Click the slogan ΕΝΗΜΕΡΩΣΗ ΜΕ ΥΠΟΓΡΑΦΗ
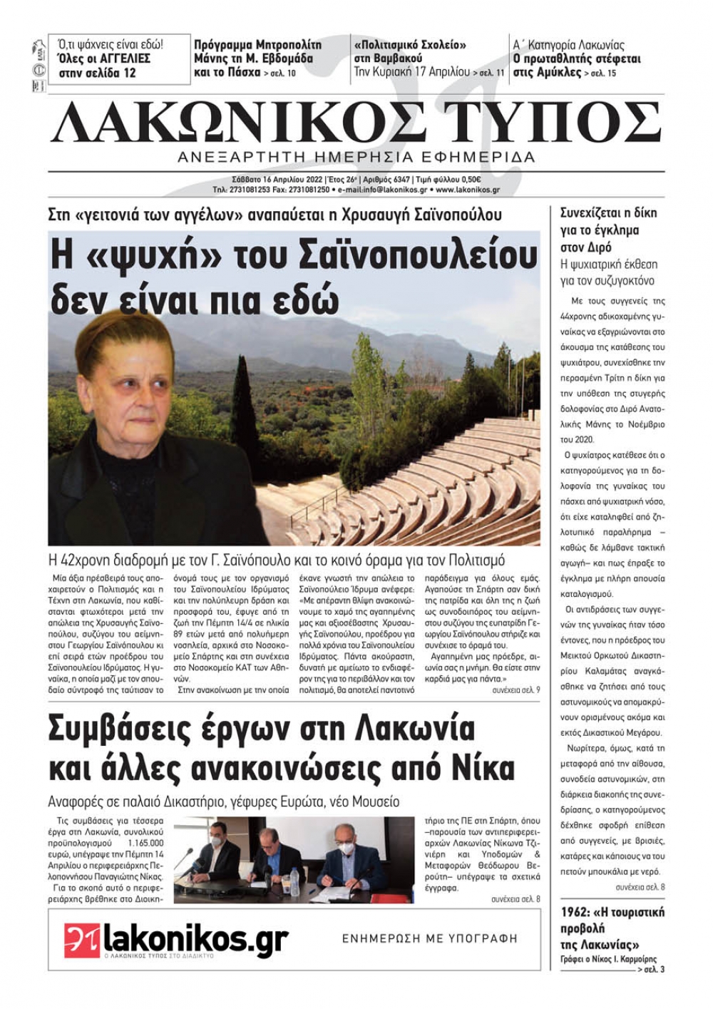coord(430,938)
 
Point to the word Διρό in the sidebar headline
coord(596,248)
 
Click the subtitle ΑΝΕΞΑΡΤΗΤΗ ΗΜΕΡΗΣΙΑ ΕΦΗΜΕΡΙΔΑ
coord(356,158)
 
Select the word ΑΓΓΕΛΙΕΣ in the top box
coord(120,58)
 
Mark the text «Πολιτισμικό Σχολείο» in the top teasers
coord(410,45)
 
